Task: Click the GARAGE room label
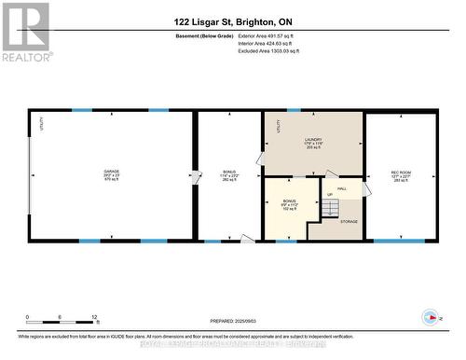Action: coord(111,172)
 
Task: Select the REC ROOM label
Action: coord(401,172)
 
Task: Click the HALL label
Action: coord(342,188)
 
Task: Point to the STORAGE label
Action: coord(349,221)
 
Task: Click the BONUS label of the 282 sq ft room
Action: coord(228,172)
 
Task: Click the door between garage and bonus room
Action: coord(196,175)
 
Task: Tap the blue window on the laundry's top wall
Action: coord(295,111)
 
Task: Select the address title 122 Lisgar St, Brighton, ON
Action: coord(232,21)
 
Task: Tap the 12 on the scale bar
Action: coord(94,317)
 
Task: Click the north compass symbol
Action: coord(429,316)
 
